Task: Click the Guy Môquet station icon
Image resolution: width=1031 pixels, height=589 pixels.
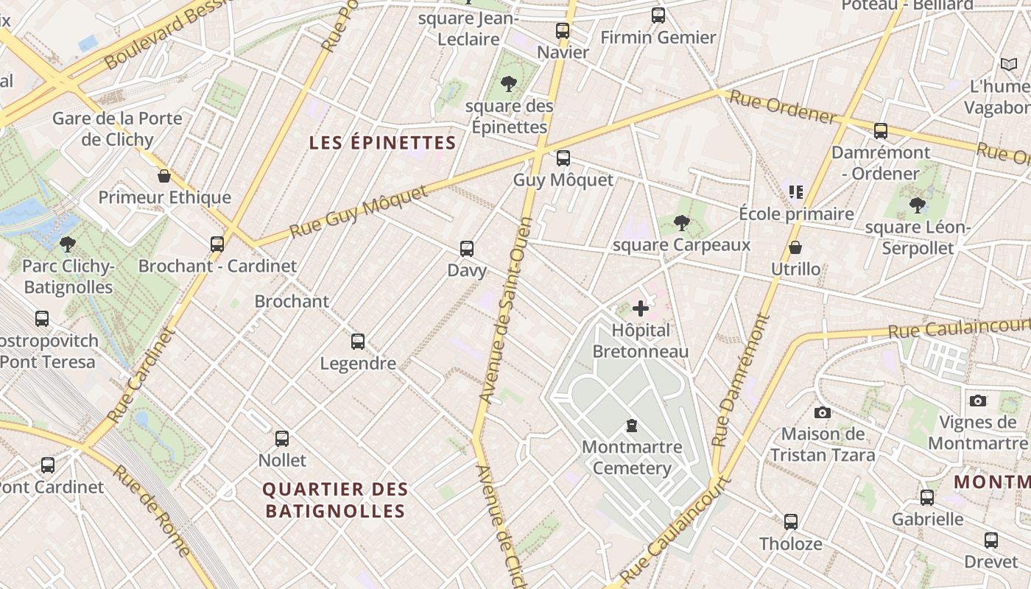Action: [563, 158]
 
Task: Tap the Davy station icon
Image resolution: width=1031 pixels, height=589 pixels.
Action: [467, 249]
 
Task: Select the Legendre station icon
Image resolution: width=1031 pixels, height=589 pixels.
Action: [358, 342]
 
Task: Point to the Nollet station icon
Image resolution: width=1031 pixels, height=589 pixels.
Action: [282, 439]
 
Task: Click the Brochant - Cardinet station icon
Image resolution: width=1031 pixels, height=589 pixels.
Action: [217, 244]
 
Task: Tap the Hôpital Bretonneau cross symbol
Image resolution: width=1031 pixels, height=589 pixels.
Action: [641, 308]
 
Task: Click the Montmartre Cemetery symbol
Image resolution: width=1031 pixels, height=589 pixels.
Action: [632, 425]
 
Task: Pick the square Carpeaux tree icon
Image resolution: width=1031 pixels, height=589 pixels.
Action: [682, 222]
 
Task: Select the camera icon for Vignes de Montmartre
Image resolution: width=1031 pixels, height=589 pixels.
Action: [978, 401]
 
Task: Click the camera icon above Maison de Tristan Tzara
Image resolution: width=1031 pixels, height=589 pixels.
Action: [823, 412]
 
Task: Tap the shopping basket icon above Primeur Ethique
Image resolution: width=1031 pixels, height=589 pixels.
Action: [164, 176]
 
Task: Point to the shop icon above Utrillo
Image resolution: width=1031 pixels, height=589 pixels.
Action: [795, 247]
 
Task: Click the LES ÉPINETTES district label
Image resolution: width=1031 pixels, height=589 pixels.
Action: [383, 142]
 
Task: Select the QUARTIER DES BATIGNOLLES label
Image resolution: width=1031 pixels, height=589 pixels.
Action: [335, 500]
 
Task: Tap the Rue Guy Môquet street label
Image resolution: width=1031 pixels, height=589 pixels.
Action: [359, 212]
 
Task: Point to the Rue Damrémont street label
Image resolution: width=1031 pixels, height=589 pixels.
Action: [740, 381]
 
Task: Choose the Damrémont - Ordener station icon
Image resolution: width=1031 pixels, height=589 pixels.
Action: [881, 132]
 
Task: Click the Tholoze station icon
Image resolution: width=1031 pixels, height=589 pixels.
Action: [791, 522]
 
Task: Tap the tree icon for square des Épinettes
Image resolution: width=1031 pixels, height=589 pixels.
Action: [508, 84]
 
